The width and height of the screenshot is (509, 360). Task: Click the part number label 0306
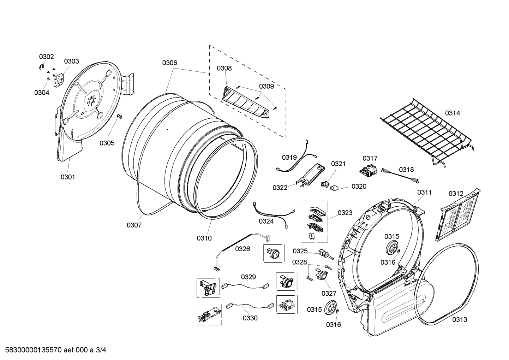169,63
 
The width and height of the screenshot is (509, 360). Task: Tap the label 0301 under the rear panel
67,177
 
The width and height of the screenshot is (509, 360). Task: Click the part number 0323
345,213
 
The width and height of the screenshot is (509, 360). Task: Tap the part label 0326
242,249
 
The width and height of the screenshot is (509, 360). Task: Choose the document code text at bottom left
53,350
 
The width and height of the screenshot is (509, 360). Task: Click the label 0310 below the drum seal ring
204,238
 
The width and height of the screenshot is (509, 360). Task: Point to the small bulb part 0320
334,188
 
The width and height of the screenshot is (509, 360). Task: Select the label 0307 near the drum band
134,225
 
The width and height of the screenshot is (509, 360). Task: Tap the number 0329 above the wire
248,277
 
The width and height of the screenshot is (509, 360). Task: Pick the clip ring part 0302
42,67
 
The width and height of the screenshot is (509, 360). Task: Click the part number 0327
329,293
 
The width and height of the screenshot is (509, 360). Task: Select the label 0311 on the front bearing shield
424,193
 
